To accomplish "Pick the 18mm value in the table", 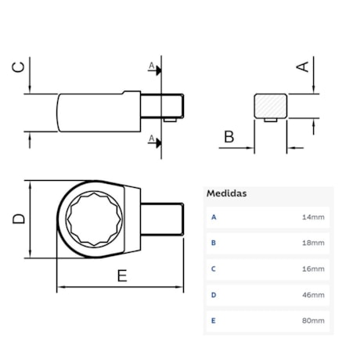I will [312, 243].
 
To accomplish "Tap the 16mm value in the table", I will [312, 268].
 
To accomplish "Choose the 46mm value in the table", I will [312, 295].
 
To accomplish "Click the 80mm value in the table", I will [312, 322].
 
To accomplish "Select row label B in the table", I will [213, 243].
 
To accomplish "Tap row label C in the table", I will [213, 268].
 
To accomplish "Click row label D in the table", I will [213, 295].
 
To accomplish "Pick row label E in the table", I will [213, 322].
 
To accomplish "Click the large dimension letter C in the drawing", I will [21, 67].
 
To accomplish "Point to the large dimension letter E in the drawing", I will [121, 275].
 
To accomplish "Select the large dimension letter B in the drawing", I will [229, 138].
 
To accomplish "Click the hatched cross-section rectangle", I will [271, 106].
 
